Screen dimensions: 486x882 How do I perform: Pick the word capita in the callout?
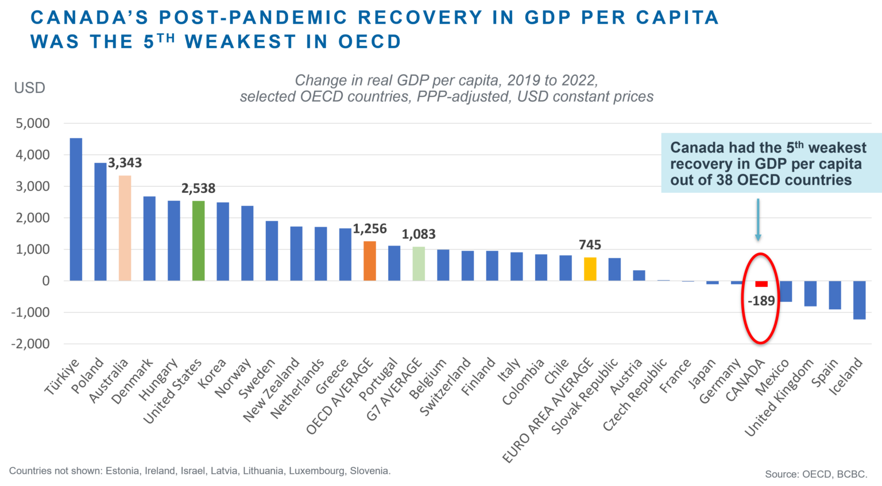tap(840, 164)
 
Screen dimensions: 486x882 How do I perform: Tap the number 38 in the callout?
tap(724, 180)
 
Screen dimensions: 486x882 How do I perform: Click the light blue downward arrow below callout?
tap(758, 220)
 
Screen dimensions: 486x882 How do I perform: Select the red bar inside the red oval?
tap(763, 287)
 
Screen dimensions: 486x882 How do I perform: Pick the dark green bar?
tap(198, 241)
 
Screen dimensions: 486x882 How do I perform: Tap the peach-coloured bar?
tap(125, 230)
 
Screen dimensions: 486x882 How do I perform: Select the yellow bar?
tap(595, 269)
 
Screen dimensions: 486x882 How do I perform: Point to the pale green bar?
tap(419, 264)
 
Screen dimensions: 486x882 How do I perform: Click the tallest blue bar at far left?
tap(76, 209)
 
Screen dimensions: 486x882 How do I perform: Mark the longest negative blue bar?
tap(859, 312)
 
